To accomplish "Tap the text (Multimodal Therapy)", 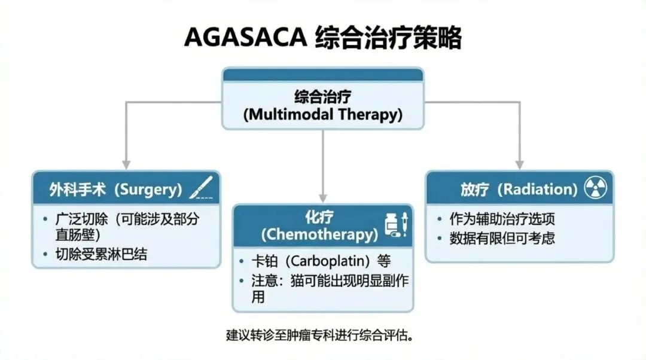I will [x=322, y=114].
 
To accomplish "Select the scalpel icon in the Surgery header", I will [x=201, y=188].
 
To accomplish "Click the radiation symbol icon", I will [x=595, y=189].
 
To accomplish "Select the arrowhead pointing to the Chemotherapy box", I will [x=323, y=197].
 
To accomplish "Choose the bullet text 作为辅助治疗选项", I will [x=502, y=219].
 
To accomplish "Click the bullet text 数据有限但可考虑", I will [x=502, y=238].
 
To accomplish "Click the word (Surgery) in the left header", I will [x=148, y=190].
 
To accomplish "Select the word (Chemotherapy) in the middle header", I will [x=319, y=234].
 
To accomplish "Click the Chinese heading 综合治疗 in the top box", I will [x=322, y=96].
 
